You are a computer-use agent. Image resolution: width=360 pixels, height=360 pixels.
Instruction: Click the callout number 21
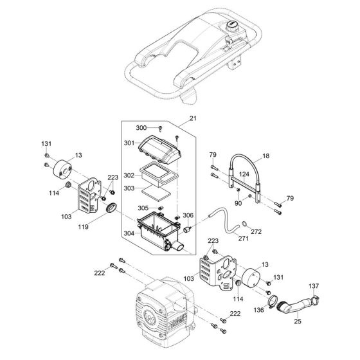coord(193,118)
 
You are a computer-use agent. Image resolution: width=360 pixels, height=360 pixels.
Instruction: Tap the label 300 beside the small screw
coord(141,128)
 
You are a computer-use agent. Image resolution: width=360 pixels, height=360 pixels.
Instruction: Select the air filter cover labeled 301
coord(160,149)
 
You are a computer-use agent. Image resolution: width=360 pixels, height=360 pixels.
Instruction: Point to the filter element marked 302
coord(159,174)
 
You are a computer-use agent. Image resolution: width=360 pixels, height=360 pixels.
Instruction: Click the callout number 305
coord(143,208)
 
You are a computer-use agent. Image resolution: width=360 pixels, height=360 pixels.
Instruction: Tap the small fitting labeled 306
coord(188,229)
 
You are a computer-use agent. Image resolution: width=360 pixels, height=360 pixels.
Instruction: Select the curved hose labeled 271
coord(224,219)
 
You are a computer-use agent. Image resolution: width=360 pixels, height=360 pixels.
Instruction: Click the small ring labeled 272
coord(245,223)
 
